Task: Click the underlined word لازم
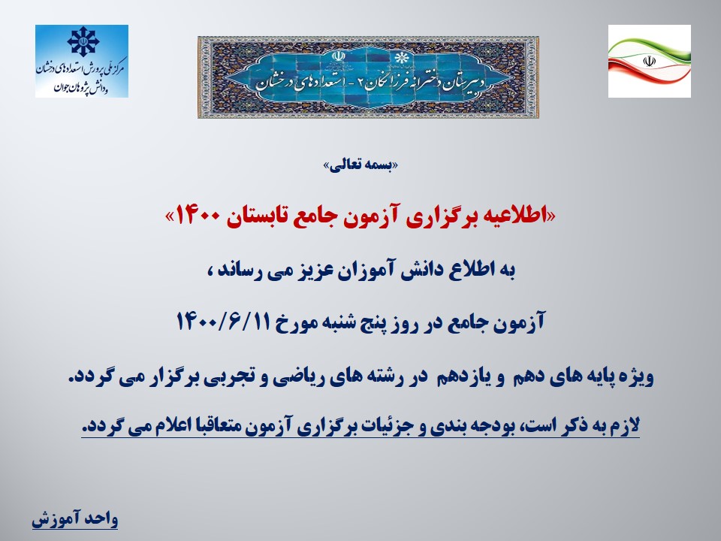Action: (626, 425)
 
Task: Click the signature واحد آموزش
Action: (75, 519)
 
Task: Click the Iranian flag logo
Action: (649, 61)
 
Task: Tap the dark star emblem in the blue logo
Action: (83, 41)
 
